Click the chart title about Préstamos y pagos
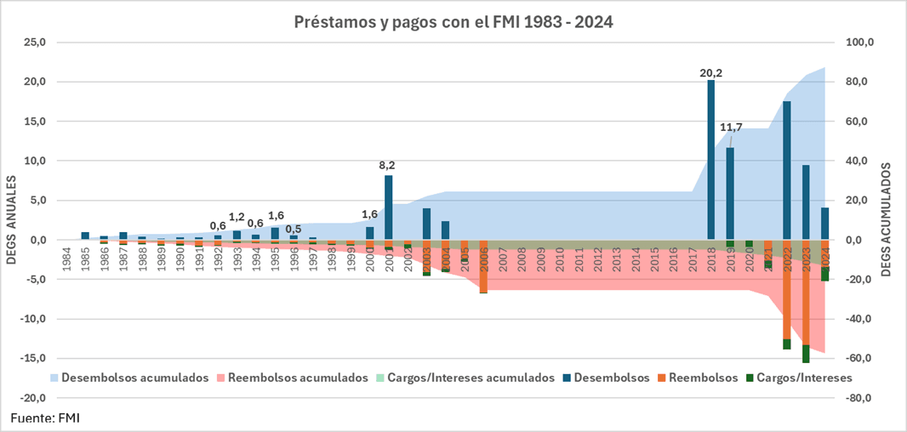coord(453,21)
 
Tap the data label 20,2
coord(711,73)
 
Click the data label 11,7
coord(731,128)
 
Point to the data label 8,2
coord(389,167)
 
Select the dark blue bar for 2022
coord(787,170)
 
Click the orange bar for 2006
coord(483,268)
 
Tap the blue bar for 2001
coord(389,208)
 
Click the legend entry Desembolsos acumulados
coord(135,378)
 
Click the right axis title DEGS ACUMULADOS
coord(885,219)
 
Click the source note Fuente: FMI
coord(44,418)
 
